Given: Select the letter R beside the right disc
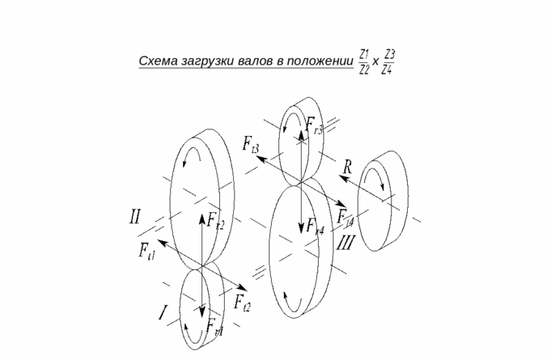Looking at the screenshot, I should pos(347,167).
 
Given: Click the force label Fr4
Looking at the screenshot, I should pos(316,227).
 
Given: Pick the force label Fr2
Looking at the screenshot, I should pos(215,219).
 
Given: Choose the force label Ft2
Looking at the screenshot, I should pos(242,303).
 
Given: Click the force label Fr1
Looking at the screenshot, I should pos(214,327).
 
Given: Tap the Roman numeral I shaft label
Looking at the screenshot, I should pos(163,312).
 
